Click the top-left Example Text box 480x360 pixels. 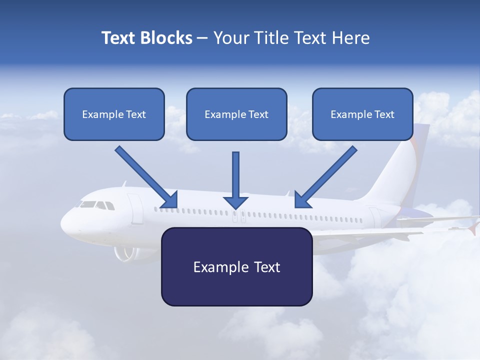click(x=114, y=114)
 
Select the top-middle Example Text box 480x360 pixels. click(x=236, y=114)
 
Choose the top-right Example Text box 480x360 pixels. click(x=362, y=114)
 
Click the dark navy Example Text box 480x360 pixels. click(x=236, y=266)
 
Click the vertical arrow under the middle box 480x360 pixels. click(x=235, y=180)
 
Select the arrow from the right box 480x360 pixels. click(x=326, y=177)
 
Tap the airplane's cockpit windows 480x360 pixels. click(x=95, y=205)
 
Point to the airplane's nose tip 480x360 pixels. click(x=63, y=225)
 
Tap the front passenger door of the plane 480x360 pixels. click(x=135, y=208)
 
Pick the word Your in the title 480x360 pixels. click(x=229, y=38)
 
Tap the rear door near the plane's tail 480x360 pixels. click(x=375, y=217)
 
